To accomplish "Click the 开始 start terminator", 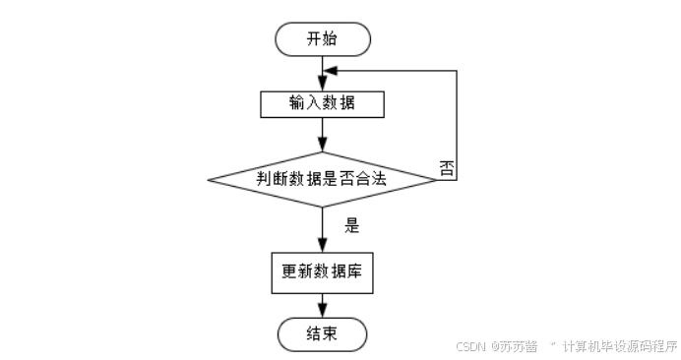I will click(323, 38).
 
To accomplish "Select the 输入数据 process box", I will click(322, 103).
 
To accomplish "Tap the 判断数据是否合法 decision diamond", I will click(323, 179).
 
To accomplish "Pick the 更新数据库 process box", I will click(322, 271).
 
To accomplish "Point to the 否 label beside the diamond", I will click(447, 167).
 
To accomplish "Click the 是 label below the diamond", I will click(352, 225).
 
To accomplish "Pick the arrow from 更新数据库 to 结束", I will click(323, 304).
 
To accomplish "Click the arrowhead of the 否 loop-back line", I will click(330, 72).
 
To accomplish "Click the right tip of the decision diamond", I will click(437, 179).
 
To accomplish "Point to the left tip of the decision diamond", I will click(209, 179).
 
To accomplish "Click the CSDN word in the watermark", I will click(471, 345).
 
